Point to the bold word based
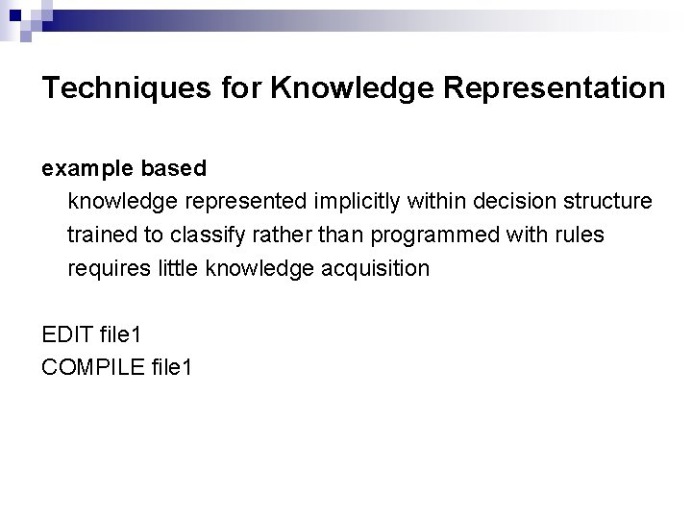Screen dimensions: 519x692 (173, 169)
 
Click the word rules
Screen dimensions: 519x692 (581, 235)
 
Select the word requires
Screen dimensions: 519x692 (105, 268)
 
